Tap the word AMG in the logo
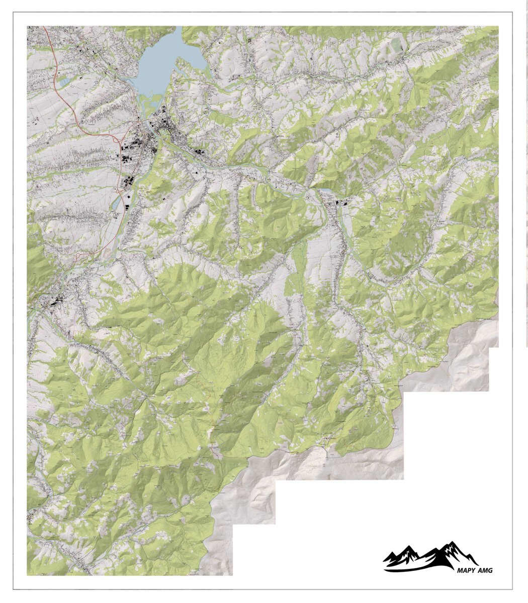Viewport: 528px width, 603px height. [x=485, y=570]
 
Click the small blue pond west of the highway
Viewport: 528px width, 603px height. [x=64, y=80]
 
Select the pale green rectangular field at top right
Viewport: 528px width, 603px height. [x=397, y=45]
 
